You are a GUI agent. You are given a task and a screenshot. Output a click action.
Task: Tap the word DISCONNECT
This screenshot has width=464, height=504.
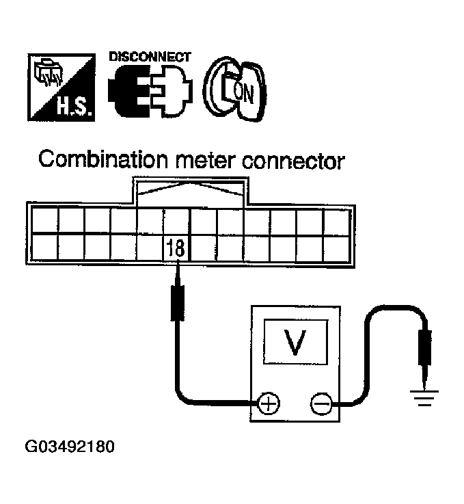tap(149, 57)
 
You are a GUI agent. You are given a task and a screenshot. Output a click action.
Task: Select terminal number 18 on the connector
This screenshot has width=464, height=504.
tap(176, 247)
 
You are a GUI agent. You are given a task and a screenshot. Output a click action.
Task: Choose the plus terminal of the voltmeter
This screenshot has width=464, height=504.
tap(269, 403)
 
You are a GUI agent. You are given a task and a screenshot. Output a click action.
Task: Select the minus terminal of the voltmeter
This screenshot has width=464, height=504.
tap(320, 403)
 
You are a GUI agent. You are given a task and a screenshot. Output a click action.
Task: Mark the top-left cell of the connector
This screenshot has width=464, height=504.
tap(44, 220)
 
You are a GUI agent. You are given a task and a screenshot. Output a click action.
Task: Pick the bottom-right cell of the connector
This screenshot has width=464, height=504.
tap(336, 247)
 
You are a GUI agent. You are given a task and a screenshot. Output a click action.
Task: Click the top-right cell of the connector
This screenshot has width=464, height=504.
tap(336, 220)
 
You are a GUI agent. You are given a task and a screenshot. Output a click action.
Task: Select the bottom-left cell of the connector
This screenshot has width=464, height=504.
tap(44, 247)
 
